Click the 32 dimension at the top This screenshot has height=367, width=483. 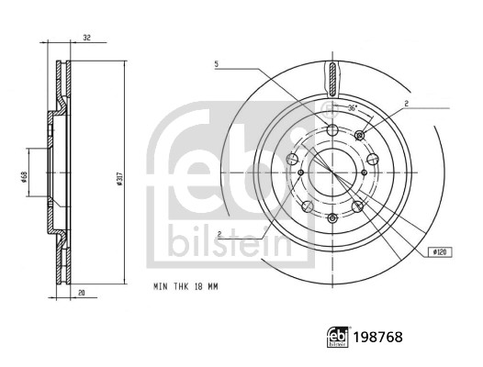point(85,39)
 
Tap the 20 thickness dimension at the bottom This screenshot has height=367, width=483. point(84,294)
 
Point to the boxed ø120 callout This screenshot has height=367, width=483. point(438,250)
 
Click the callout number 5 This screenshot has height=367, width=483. point(217,64)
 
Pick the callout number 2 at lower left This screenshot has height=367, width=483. point(220,235)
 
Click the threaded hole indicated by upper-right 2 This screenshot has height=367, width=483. point(360,136)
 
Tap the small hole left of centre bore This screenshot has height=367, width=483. point(299,172)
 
